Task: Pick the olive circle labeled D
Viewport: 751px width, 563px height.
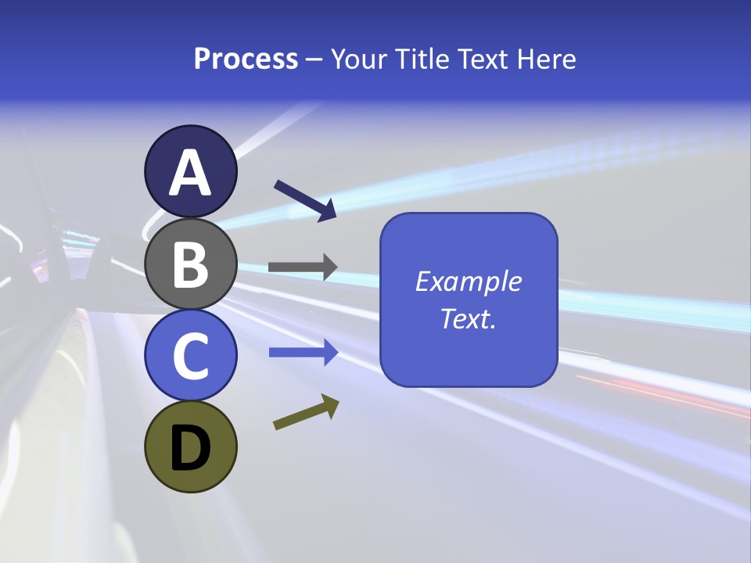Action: pyautogui.click(x=190, y=447)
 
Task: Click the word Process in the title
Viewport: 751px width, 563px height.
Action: pyautogui.click(x=246, y=59)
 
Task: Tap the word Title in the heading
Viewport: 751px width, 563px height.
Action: pyautogui.click(x=423, y=59)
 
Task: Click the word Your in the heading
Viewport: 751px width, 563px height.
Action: pyautogui.click(x=360, y=59)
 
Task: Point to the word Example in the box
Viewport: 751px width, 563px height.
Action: pyautogui.click(x=468, y=281)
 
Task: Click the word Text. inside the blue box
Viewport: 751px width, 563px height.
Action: pyautogui.click(x=468, y=318)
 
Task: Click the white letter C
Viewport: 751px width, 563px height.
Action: pyautogui.click(x=190, y=357)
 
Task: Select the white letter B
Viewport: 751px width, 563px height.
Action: pyautogui.click(x=190, y=264)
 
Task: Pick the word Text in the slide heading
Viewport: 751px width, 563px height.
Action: pyautogui.click(x=483, y=59)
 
